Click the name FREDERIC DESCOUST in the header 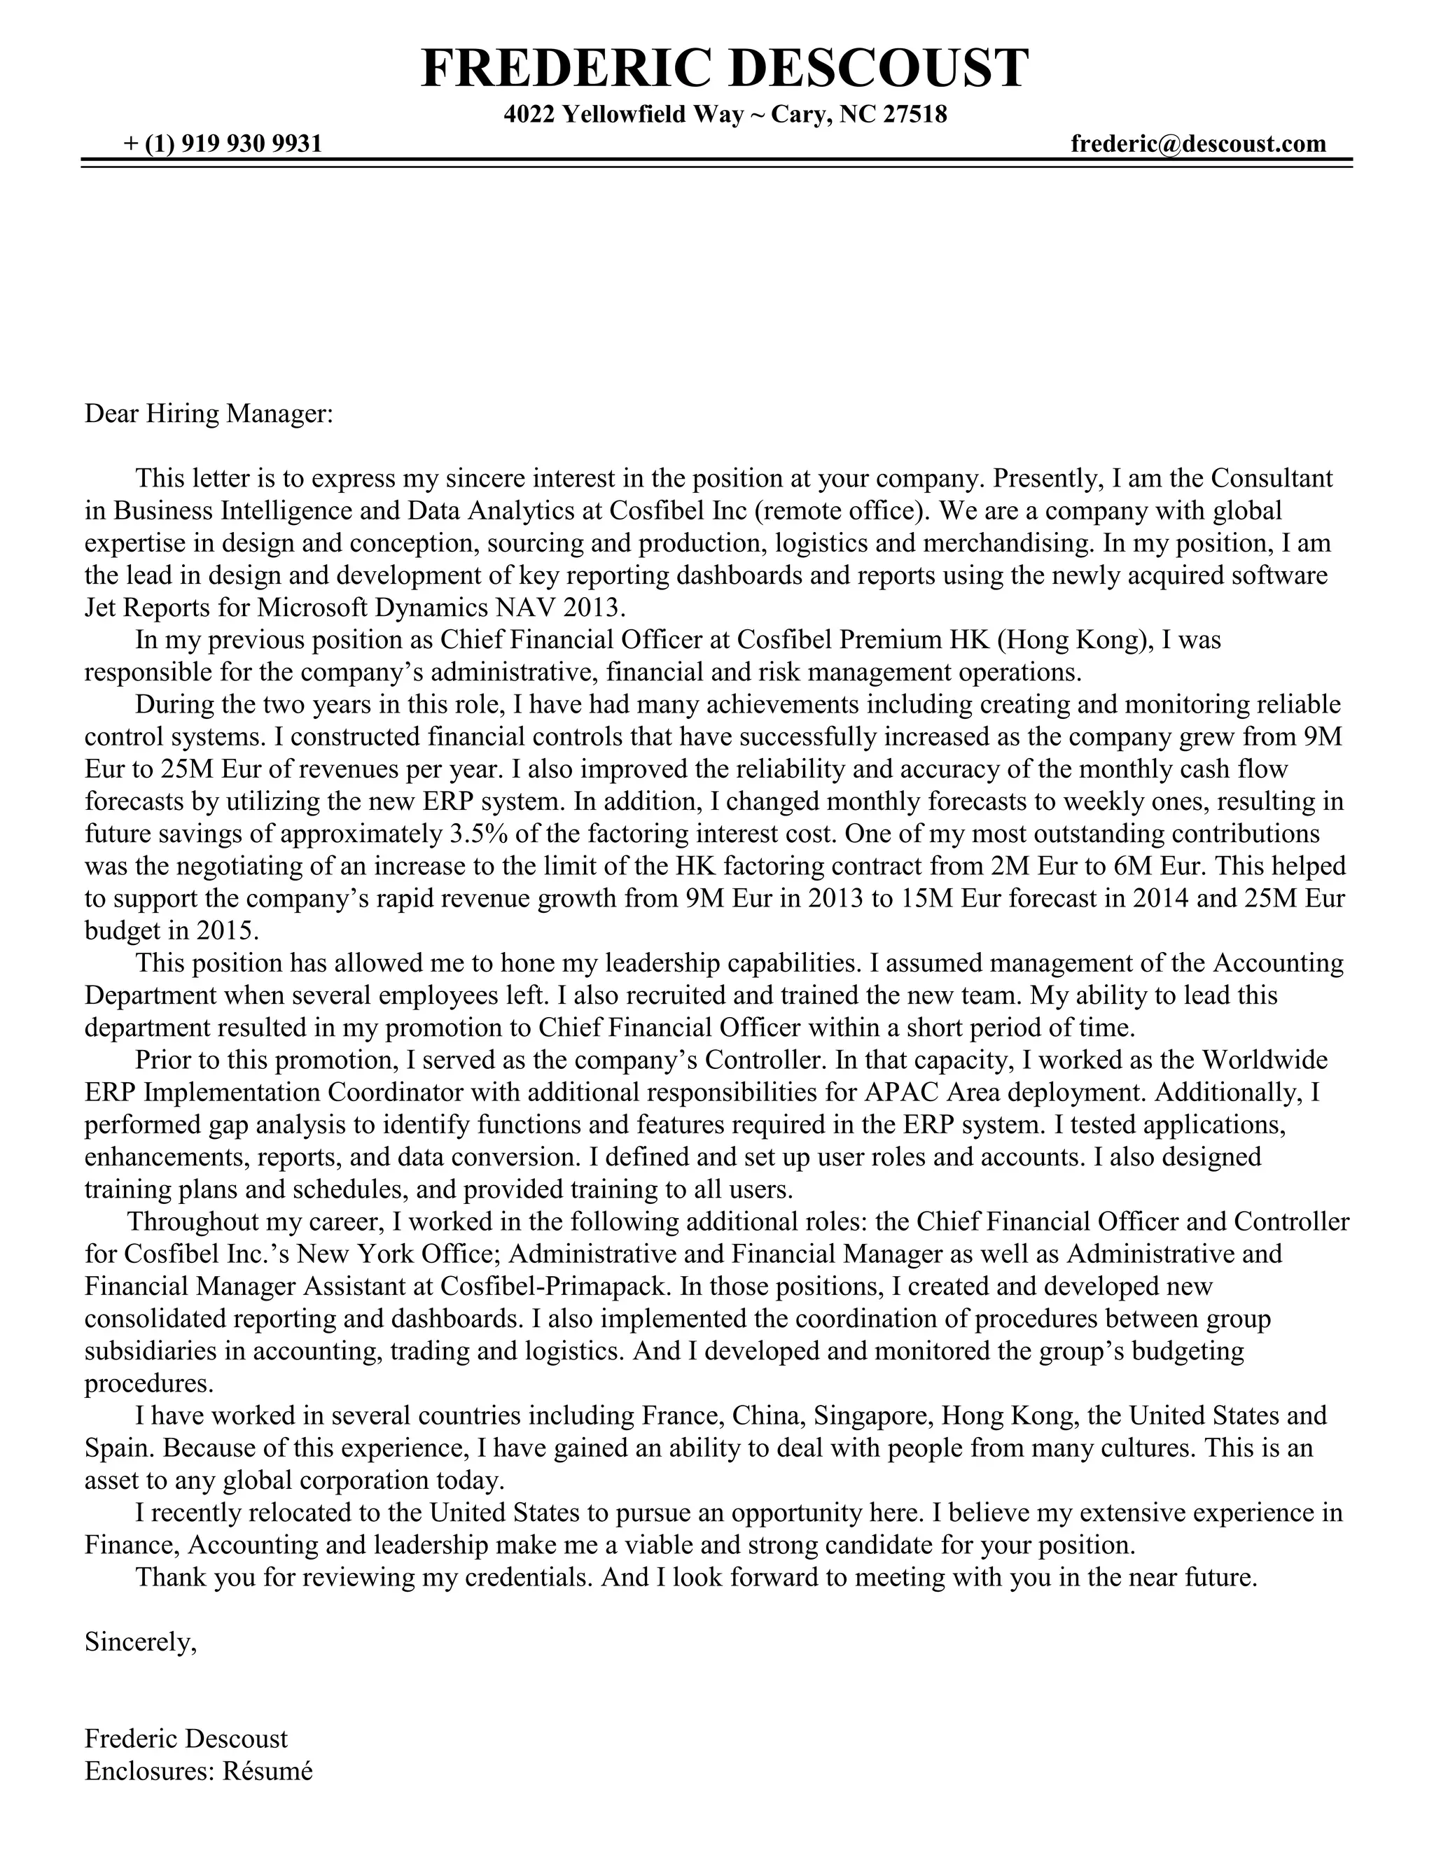[724, 68]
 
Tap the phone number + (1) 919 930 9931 [223, 143]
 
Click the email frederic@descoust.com [1198, 143]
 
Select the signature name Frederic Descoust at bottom [186, 1739]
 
